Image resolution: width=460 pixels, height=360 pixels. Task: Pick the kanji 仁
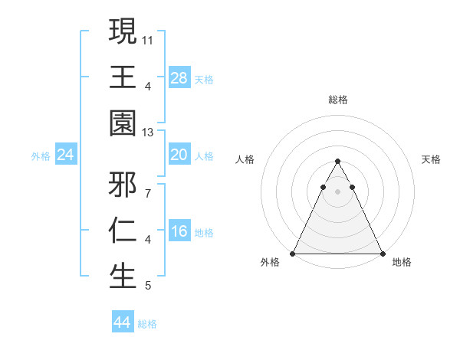pyautogui.click(x=123, y=231)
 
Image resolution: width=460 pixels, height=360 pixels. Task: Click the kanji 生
pyautogui.click(x=123, y=277)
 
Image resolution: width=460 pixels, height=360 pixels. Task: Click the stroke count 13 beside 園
pyautogui.click(x=148, y=133)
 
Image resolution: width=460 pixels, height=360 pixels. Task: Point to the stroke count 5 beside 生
pyautogui.click(x=148, y=286)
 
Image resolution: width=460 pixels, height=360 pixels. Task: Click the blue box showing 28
pyautogui.click(x=179, y=78)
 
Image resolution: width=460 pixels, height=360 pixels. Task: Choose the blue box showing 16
pyautogui.click(x=179, y=232)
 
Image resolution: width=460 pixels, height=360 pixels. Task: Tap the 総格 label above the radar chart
pyautogui.click(x=337, y=100)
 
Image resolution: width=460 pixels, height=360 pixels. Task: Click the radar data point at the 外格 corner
pyautogui.click(x=293, y=254)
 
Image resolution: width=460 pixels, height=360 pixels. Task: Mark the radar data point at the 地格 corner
pyautogui.click(x=382, y=254)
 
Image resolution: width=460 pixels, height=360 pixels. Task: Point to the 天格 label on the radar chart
pyautogui.click(x=432, y=159)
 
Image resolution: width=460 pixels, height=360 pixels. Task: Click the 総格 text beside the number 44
pyautogui.click(x=147, y=324)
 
